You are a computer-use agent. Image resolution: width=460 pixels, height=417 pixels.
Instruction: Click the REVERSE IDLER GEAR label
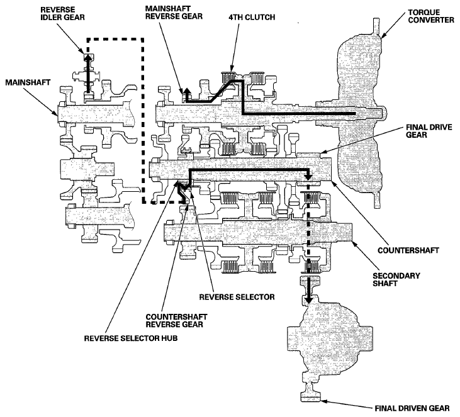click(x=62, y=13)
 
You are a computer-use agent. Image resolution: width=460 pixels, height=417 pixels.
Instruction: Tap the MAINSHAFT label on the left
click(x=28, y=82)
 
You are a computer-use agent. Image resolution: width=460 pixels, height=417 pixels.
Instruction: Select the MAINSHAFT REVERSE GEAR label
click(x=174, y=13)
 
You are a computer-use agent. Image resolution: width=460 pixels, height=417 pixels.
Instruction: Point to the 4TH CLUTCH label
click(x=252, y=18)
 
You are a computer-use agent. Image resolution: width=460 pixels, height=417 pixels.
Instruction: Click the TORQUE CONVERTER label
click(x=431, y=16)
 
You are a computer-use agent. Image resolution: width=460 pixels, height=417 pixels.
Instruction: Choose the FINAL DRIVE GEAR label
click(x=429, y=131)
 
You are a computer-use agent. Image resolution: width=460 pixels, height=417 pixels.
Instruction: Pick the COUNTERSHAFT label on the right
click(x=408, y=250)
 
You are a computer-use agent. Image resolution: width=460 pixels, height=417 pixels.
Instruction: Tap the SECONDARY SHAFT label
click(x=396, y=279)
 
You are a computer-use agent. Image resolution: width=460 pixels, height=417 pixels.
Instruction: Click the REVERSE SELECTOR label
click(x=237, y=297)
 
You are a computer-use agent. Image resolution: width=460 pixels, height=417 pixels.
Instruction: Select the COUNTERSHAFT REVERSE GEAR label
click(x=176, y=321)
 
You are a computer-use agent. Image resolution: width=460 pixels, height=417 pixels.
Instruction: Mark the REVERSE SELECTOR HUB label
click(x=131, y=338)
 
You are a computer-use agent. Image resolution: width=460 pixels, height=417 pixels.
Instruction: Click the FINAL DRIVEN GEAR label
click(x=412, y=408)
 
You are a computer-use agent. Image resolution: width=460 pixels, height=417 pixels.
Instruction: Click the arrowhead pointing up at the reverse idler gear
click(x=87, y=57)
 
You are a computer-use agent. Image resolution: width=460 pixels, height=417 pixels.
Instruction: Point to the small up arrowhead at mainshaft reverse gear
click(x=186, y=91)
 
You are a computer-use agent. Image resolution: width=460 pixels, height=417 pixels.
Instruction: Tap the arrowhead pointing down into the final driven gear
click(x=308, y=300)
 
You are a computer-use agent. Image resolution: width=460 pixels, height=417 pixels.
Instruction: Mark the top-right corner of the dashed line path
click(x=143, y=39)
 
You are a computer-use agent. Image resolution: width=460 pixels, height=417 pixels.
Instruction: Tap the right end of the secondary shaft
click(x=351, y=232)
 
